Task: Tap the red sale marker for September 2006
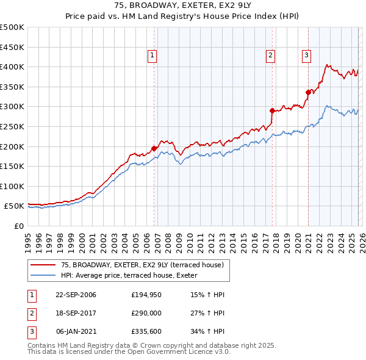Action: pos(154,148)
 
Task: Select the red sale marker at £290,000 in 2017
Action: pos(272,110)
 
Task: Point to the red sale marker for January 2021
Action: pos(308,93)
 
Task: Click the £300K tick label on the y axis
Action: pos(12,107)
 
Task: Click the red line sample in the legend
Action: pos(43,265)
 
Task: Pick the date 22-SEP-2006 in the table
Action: pos(76,295)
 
